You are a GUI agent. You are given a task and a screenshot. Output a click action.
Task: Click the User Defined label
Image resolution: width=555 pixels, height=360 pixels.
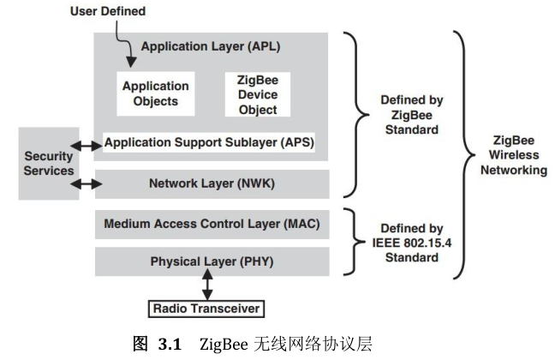click(x=108, y=11)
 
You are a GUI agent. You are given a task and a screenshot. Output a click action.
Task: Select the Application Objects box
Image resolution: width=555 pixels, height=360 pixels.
click(x=155, y=93)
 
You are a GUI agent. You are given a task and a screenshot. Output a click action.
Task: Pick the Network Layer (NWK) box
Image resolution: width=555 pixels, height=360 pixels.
click(x=212, y=183)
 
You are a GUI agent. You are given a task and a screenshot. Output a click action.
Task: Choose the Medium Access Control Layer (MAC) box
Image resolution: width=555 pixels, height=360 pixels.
click(x=212, y=225)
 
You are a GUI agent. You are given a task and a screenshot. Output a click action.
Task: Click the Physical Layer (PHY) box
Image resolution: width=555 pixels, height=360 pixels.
click(x=212, y=261)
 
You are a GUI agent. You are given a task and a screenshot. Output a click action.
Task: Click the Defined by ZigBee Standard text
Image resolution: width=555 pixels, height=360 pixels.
click(x=410, y=115)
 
